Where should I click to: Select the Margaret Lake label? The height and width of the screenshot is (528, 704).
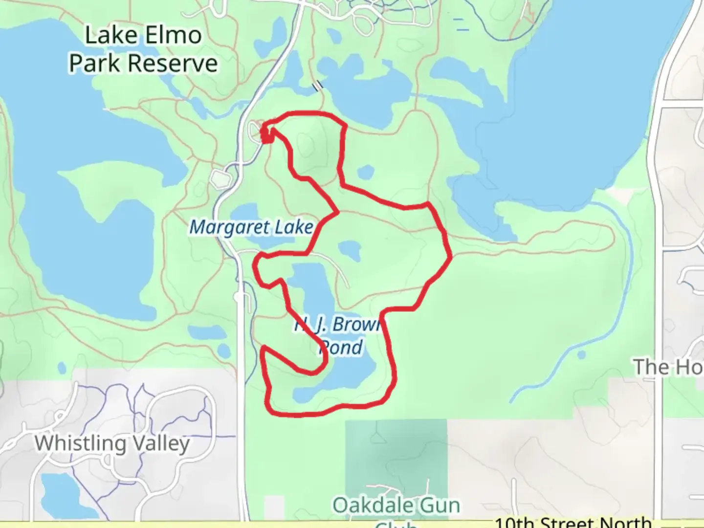pyautogui.click(x=251, y=227)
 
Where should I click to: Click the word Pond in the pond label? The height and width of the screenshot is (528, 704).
pyautogui.click(x=341, y=347)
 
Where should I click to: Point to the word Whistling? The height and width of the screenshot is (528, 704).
pyautogui.click(x=80, y=443)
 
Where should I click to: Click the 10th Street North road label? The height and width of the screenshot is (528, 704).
pyautogui.click(x=573, y=523)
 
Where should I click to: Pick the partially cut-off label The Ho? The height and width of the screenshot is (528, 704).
pyautogui.click(x=668, y=367)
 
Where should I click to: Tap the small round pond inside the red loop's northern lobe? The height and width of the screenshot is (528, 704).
pyautogui.click(x=366, y=172)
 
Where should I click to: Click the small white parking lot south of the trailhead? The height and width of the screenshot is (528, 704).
pyautogui.click(x=221, y=179)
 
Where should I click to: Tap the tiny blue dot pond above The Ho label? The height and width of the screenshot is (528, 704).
pyautogui.click(x=581, y=354)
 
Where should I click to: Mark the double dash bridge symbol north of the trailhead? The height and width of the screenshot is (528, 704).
pyautogui.click(x=318, y=86)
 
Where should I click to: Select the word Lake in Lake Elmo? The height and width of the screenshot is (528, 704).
pyautogui.click(x=108, y=35)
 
